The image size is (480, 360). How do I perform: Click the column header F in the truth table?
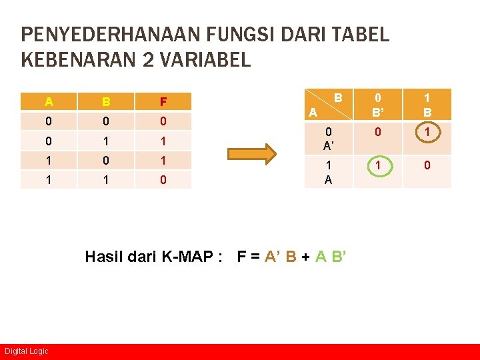[163, 102]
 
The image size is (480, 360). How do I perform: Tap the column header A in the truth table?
[49, 102]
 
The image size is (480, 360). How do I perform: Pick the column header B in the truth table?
[106, 102]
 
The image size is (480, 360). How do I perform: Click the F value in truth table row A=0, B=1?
[163, 141]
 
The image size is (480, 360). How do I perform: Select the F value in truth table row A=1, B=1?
[163, 180]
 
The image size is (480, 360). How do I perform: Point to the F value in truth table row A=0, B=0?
[163, 122]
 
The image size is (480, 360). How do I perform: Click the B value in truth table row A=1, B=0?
[106, 161]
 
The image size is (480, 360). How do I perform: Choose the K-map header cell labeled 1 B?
[427, 105]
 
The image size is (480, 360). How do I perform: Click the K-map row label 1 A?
[328, 171]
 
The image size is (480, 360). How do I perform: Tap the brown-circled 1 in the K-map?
[427, 133]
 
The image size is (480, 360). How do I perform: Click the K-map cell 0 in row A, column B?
[427, 165]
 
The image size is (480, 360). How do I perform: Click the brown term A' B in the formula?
[281, 257]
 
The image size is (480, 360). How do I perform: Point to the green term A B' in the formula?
[329, 257]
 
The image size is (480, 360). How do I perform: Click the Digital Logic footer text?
[27, 351]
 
